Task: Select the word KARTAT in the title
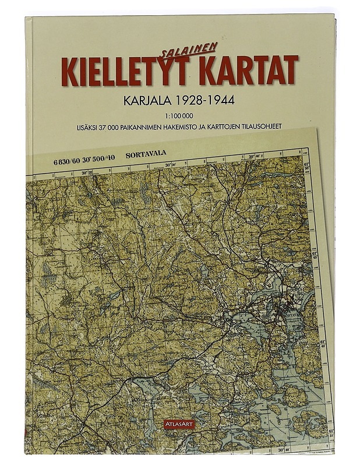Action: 249,70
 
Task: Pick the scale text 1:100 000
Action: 180,115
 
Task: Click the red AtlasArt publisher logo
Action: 180,424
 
